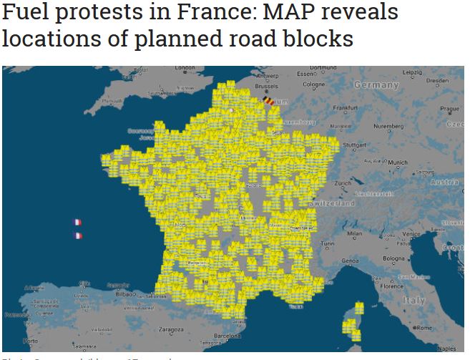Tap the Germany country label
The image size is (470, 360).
(376, 84)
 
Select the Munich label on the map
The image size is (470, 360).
(397, 162)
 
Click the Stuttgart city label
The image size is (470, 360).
(355, 145)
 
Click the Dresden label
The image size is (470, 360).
(437, 81)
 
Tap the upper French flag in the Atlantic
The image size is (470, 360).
(77, 223)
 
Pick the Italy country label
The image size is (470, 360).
(413, 300)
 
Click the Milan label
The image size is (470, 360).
(354, 233)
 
